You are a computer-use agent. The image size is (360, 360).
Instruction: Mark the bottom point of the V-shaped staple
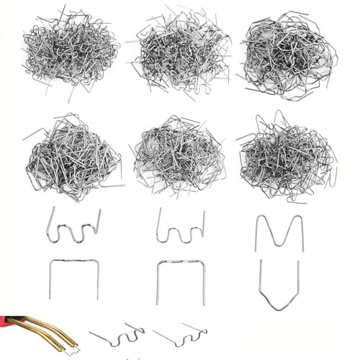[279, 309]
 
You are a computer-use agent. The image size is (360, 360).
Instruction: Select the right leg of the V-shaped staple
[297, 284]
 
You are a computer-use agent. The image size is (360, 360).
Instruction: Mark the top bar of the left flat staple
[74, 261]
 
